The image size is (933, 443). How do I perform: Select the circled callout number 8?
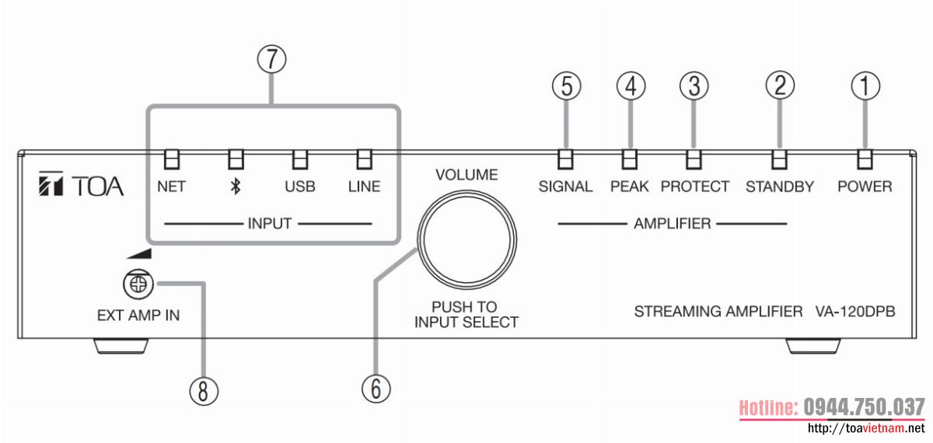203,391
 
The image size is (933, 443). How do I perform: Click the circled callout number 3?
694,85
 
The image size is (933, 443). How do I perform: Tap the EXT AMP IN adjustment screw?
137,285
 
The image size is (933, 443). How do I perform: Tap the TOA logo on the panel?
81,187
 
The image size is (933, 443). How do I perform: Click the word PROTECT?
695,187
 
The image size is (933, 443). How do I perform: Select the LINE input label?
364,187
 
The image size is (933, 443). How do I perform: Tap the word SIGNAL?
565,187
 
